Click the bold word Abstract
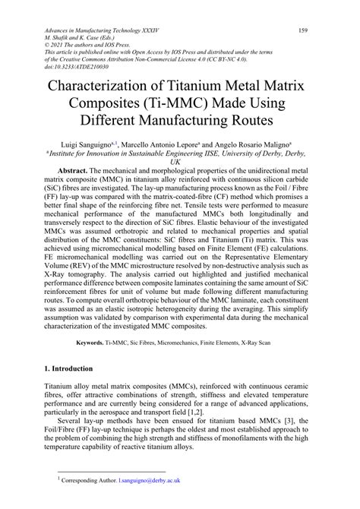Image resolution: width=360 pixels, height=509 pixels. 84,172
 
